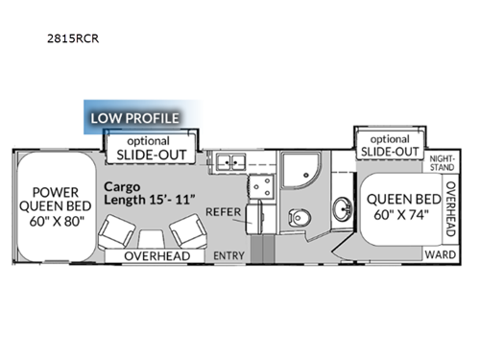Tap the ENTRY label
[228, 255]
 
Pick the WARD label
[438, 255]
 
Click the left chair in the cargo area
[120, 230]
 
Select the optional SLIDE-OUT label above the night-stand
[388, 145]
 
